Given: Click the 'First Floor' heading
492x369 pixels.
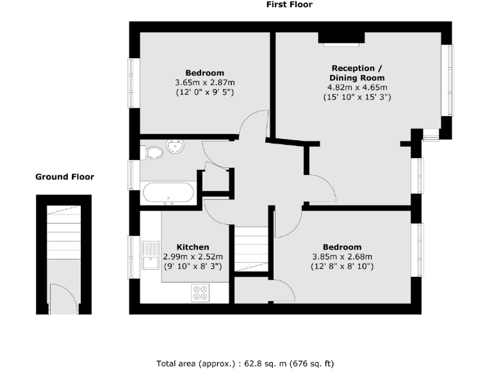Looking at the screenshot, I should [x=289, y=4].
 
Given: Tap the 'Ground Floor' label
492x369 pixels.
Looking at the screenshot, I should [x=64, y=177].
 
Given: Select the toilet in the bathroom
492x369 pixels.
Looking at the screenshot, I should [x=152, y=152].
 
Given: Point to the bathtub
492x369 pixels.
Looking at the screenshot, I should [x=167, y=193].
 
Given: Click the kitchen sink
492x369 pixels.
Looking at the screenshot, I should [x=151, y=256].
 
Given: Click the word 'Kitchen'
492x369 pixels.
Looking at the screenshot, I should [x=193, y=247].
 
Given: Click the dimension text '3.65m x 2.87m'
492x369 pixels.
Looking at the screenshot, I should [x=205, y=83].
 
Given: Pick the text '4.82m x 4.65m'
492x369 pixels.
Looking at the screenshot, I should [x=357, y=87].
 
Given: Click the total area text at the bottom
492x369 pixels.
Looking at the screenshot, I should [x=245, y=363].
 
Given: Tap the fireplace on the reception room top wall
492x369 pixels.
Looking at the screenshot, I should [x=341, y=38].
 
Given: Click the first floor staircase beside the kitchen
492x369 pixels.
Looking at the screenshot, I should [x=250, y=249].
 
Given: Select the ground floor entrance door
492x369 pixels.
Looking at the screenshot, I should [x=64, y=299].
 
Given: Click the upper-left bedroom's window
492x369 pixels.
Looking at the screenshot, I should [x=133, y=83].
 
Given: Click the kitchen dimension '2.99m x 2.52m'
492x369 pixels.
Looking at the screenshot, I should [x=193, y=256].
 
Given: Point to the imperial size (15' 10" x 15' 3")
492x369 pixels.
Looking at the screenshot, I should [x=357, y=97].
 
